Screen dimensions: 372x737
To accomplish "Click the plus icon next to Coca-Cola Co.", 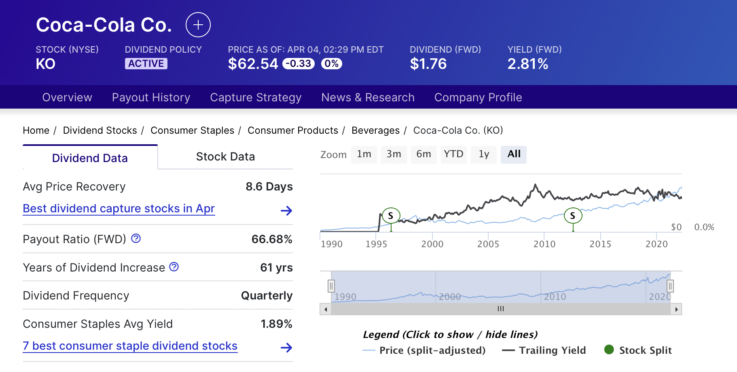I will click(198, 25).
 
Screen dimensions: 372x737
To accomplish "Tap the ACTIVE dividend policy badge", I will click(146, 64).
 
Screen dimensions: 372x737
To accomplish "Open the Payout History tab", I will click(151, 97).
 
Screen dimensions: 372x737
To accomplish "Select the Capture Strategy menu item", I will click(256, 97).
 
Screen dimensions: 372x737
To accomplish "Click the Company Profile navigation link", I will click(478, 97).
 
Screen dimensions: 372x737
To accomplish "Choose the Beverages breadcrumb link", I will click(375, 130).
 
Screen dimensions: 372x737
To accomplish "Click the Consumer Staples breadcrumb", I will click(192, 130).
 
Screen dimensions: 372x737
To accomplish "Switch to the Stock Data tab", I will click(225, 157).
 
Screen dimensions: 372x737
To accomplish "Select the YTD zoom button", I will click(453, 154).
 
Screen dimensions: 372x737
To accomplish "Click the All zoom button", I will click(514, 154).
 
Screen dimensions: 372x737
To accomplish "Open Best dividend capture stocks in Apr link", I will click(119, 208).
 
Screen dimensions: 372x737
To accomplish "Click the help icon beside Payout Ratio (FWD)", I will click(136, 238).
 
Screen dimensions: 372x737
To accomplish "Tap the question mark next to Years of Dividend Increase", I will click(174, 267).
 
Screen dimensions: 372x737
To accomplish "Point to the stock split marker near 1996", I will click(391, 216).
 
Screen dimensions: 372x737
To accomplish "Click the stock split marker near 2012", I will click(573, 216).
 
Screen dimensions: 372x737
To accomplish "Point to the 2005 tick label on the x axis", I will click(488, 244).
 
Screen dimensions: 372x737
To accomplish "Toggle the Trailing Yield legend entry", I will click(544, 350).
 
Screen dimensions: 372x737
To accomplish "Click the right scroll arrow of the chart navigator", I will click(676, 309).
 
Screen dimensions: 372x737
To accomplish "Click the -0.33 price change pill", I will click(299, 64).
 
